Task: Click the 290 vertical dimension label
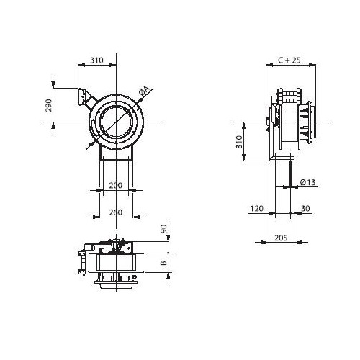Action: [x=49, y=105]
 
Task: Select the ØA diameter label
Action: [x=144, y=91]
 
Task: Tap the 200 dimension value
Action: [x=116, y=185]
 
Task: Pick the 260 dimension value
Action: [x=116, y=212]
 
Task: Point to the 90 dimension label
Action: [x=163, y=228]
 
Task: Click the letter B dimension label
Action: [x=163, y=263]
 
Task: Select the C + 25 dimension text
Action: [x=289, y=60]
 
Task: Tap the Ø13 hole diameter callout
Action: [x=307, y=182]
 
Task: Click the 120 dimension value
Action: [x=257, y=208]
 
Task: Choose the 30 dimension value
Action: [x=305, y=208]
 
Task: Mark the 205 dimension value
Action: [x=281, y=238]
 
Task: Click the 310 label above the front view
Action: [x=96, y=60]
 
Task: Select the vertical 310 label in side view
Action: [x=239, y=142]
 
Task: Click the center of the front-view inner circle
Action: [x=116, y=122]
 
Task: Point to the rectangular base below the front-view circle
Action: [x=116, y=153]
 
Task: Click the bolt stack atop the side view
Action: [x=289, y=96]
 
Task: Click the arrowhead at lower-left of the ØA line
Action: [x=91, y=144]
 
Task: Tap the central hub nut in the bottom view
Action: [x=116, y=246]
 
